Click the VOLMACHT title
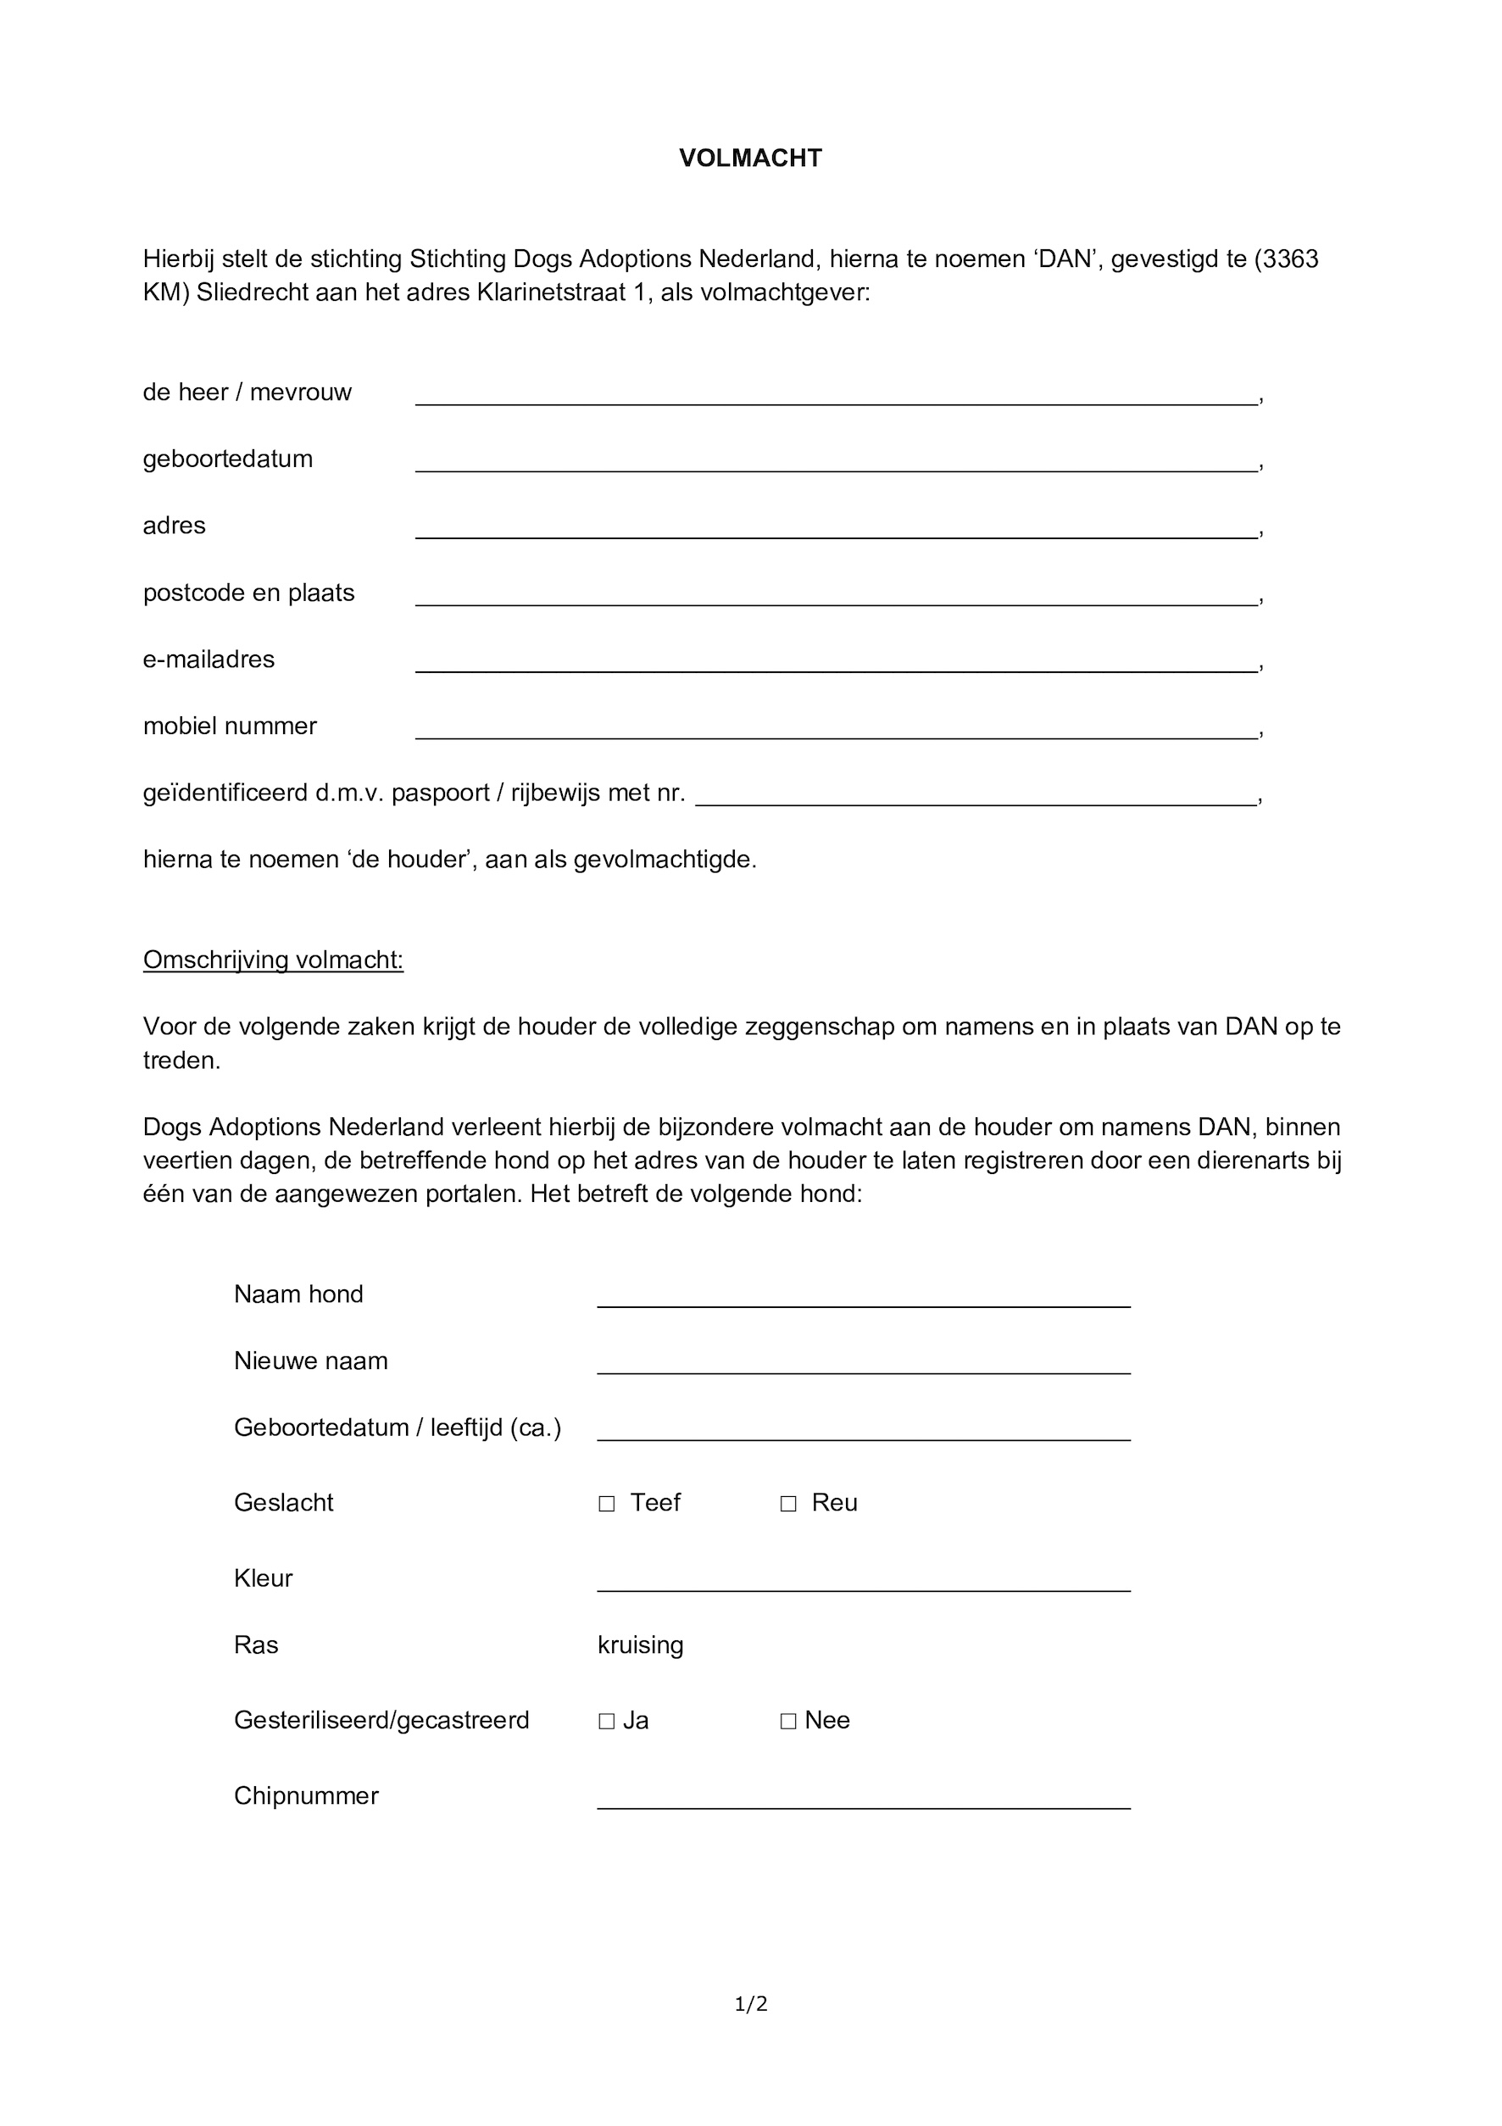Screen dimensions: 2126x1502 pos(750,159)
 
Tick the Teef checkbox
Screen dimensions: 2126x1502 pos(607,1504)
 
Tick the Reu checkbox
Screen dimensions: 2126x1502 pos(788,1504)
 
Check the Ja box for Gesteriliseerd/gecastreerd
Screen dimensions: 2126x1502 pos(607,1722)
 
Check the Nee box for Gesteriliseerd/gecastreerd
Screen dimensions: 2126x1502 pos(788,1722)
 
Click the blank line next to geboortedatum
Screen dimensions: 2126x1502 pos(837,463)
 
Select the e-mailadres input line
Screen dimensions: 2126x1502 pos(837,663)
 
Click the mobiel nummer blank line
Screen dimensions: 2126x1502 pos(837,730)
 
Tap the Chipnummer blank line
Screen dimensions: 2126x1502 pos(863,1799)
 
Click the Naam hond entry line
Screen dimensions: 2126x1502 pos(863,1297)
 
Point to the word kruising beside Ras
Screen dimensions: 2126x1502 pos(640,1645)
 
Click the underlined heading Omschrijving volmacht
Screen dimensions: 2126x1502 pos(273,960)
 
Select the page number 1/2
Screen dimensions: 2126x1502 pos(750,2005)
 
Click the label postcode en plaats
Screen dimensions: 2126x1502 pos(248,593)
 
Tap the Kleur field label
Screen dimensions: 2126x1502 pos(263,1578)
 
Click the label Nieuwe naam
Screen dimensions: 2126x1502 pos(310,1361)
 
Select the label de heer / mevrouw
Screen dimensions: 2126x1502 pos(248,392)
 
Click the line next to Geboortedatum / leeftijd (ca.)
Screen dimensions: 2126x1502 pos(863,1431)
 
